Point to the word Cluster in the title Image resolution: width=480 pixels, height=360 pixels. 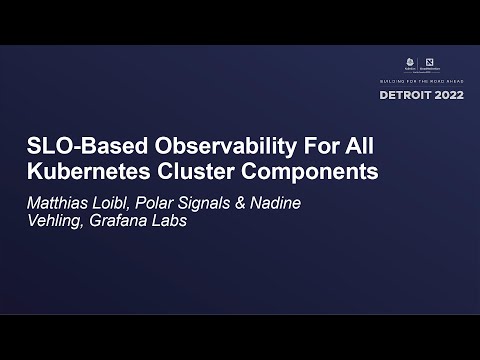pyautogui.click(x=197, y=170)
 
